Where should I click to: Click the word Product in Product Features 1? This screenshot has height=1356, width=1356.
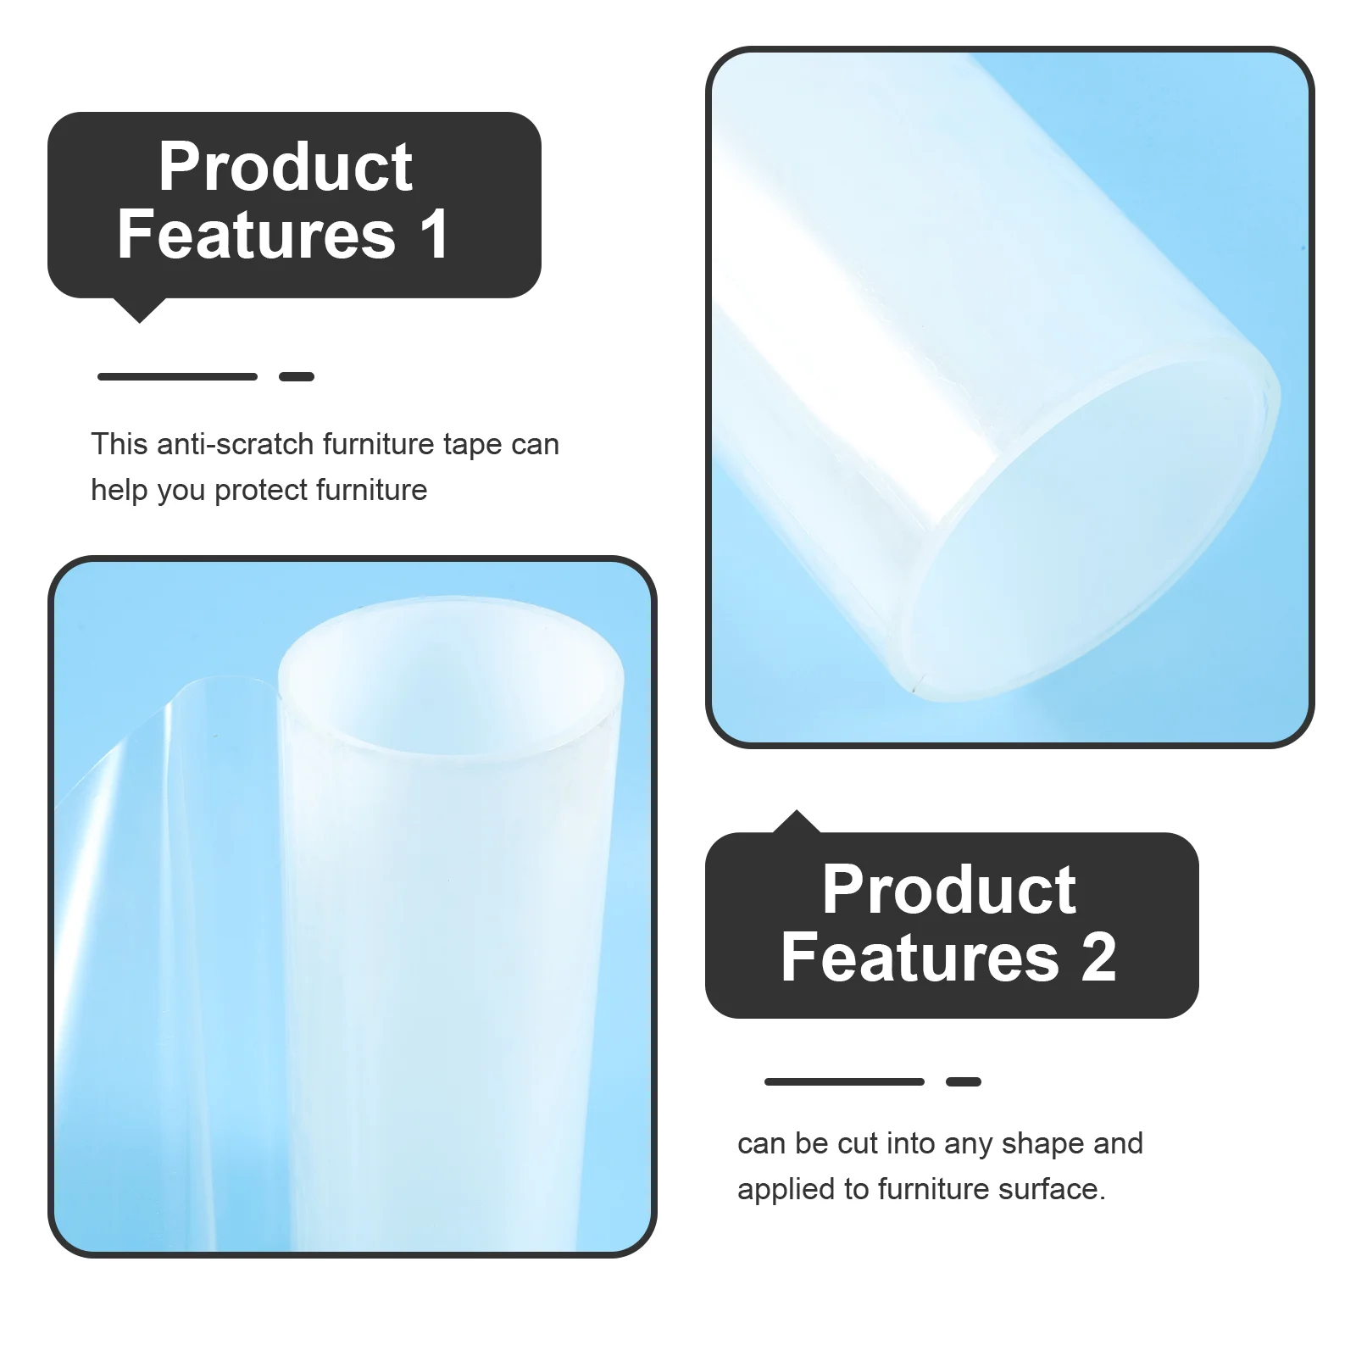(286, 167)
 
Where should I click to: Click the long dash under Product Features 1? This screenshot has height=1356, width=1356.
(177, 376)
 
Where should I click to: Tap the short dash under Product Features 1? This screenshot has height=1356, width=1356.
(297, 376)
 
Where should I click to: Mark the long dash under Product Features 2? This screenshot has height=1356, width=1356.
(844, 1081)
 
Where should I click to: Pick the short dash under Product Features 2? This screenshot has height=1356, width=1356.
(964, 1081)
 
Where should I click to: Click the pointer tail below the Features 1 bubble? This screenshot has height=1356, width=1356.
(140, 310)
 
